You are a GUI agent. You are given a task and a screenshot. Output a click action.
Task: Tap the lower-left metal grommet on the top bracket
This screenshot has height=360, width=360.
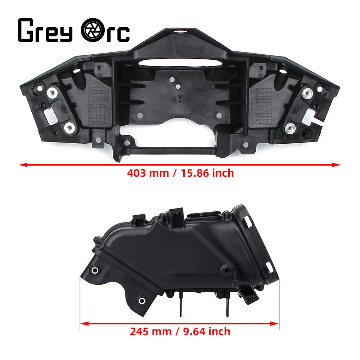[x=68, y=127]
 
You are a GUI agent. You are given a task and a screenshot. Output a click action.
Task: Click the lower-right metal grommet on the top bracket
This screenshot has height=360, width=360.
[x=290, y=127]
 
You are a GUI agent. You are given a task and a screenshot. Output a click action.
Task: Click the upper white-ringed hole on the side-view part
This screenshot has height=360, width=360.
[x=95, y=270]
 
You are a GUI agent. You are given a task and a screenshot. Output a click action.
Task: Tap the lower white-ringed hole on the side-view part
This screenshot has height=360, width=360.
[x=142, y=300]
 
